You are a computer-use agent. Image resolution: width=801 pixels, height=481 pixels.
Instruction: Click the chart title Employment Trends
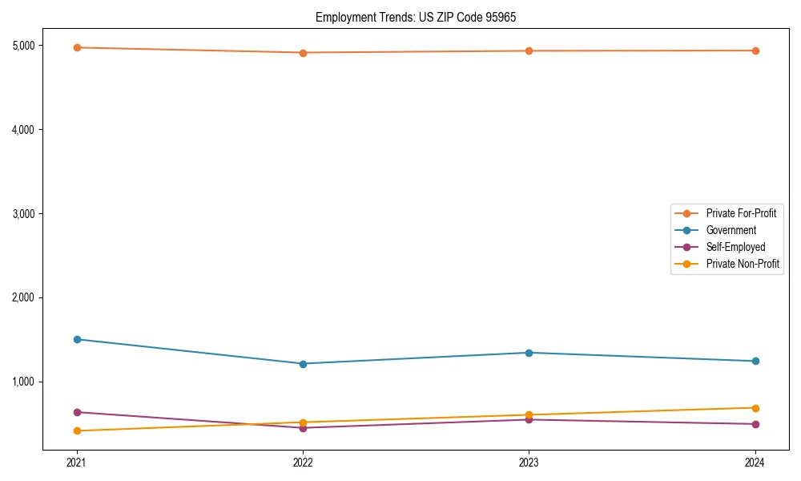coord(421,17)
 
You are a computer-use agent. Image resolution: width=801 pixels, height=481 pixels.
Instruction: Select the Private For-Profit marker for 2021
coord(77,47)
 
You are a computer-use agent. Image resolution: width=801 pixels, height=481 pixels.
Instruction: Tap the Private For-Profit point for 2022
coord(303,53)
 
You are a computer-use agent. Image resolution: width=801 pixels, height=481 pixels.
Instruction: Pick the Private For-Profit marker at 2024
coord(755,51)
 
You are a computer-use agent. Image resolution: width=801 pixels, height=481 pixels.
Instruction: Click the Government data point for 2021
coord(77,339)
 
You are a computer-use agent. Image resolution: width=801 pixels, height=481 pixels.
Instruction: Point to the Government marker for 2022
coord(303,364)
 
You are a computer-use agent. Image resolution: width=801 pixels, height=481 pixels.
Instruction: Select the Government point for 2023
coord(529,353)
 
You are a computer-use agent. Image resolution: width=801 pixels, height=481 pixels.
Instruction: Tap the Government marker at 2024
coord(755,361)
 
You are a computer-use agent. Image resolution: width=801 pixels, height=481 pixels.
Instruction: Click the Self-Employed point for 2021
coord(77,412)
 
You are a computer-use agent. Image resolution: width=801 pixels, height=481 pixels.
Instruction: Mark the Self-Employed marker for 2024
coord(755,424)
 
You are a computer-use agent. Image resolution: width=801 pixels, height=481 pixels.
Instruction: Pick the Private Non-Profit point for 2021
coord(77,431)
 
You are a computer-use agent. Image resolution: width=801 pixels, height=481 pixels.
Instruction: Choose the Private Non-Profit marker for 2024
coord(755,408)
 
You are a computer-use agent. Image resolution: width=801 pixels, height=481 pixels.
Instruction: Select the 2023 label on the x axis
coord(529,463)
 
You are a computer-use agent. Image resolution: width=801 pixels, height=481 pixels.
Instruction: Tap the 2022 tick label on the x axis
coord(303,463)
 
